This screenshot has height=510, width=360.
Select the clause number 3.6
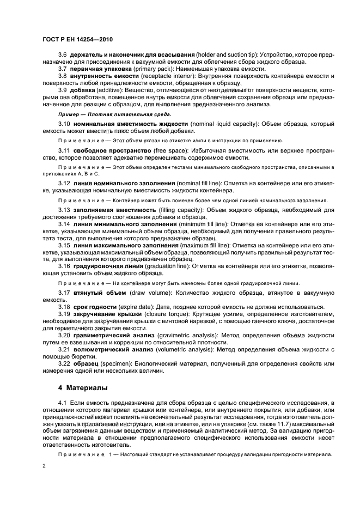point(62,56)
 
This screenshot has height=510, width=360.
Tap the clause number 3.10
point(64,124)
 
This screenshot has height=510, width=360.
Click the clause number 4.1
point(62,402)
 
